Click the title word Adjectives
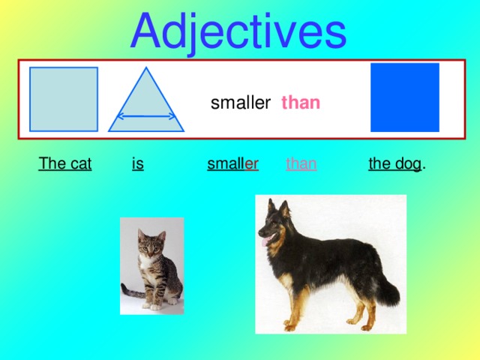[x=238, y=30]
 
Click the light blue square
[x=64, y=99]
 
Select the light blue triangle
[x=146, y=105]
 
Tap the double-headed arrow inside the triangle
[x=146, y=117]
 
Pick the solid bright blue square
[x=405, y=97]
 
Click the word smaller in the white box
[x=240, y=103]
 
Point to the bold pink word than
[x=301, y=103]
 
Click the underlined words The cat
[x=65, y=163]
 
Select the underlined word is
[x=137, y=163]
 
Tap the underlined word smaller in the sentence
[x=232, y=163]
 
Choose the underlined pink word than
[x=301, y=163]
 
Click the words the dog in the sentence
[x=394, y=163]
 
